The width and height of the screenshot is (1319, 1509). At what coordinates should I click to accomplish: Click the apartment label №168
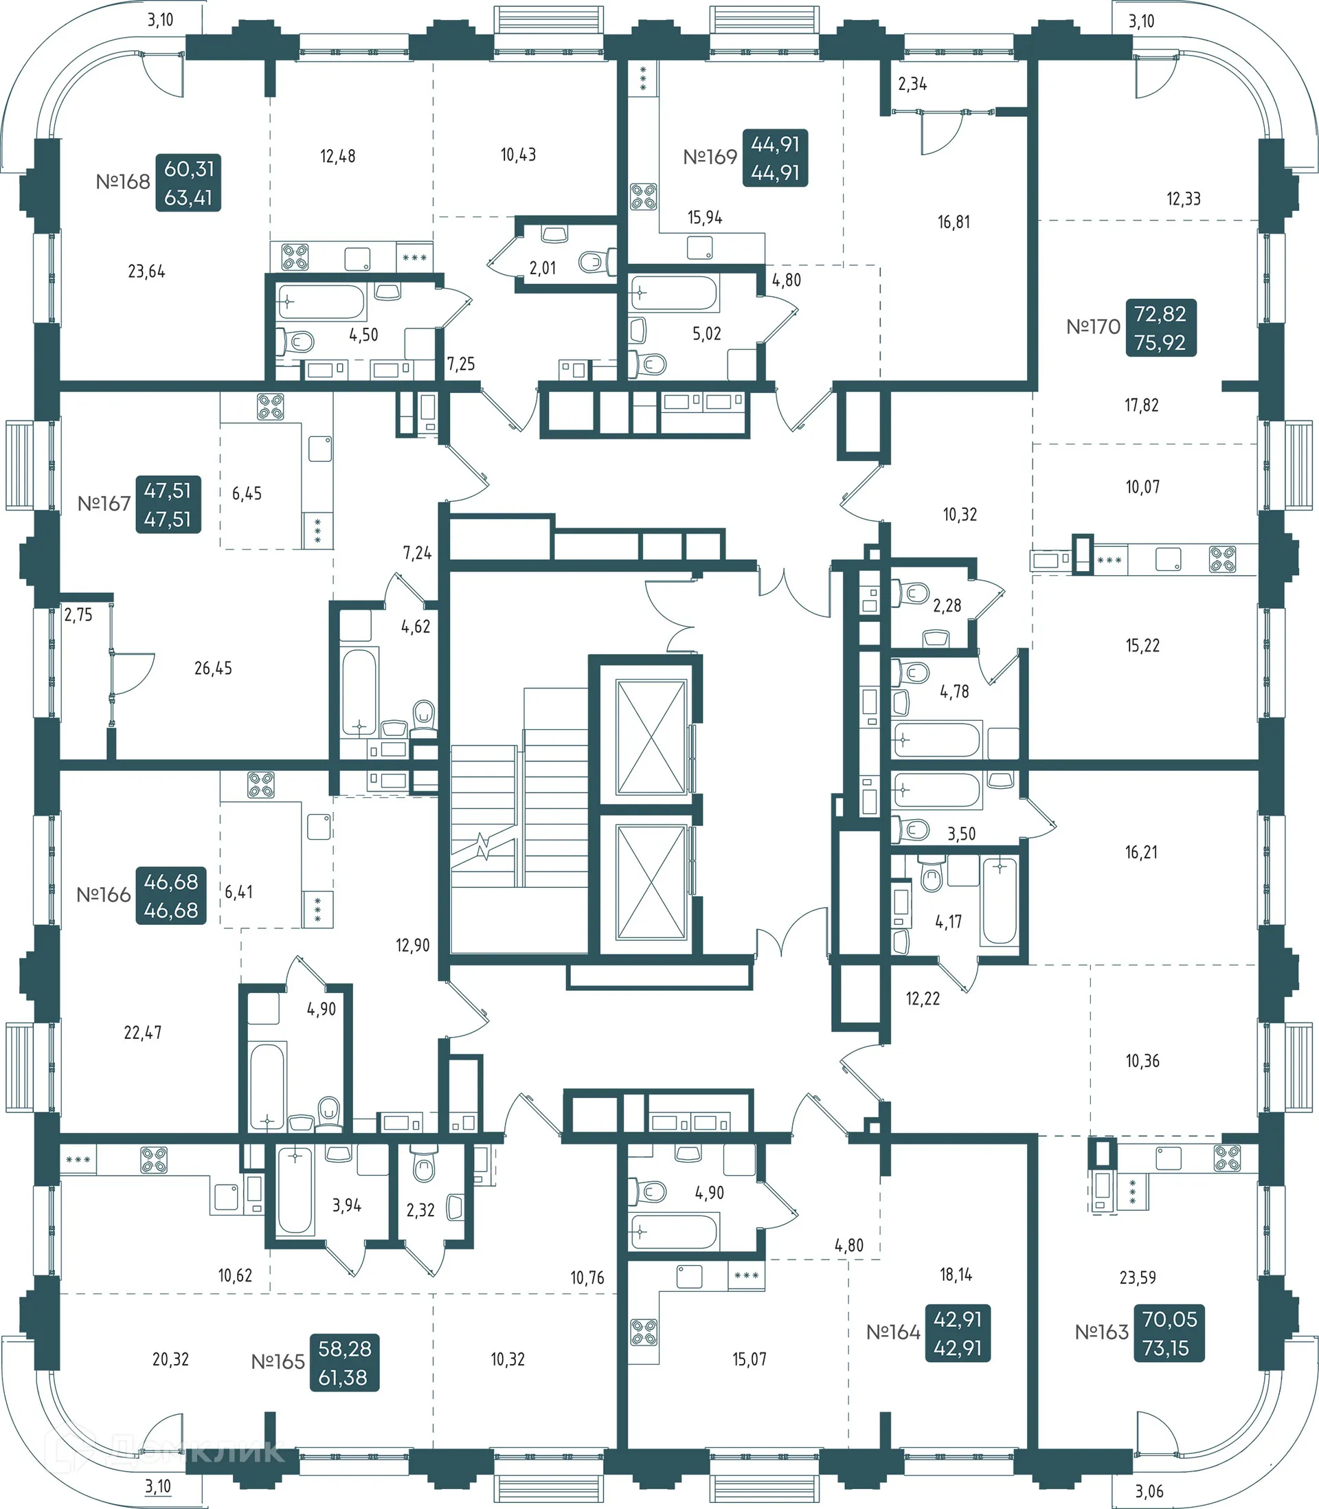(x=123, y=182)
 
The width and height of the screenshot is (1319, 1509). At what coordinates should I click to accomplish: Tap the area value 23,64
(x=146, y=271)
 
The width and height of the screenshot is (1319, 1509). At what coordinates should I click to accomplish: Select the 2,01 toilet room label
(x=543, y=268)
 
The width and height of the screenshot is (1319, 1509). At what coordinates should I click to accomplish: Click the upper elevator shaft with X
(x=651, y=737)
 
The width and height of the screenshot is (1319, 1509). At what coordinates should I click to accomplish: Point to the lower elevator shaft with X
(x=651, y=882)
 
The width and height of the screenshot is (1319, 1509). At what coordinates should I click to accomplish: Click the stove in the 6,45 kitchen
(x=270, y=406)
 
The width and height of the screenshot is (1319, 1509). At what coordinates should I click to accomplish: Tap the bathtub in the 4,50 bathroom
(x=321, y=302)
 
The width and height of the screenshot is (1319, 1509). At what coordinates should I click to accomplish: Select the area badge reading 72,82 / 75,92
(x=1160, y=328)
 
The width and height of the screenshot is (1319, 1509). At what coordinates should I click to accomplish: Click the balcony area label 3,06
(x=1149, y=1491)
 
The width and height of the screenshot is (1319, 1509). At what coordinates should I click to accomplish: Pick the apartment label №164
(x=893, y=1332)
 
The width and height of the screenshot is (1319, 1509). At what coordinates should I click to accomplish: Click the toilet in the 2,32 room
(x=424, y=1167)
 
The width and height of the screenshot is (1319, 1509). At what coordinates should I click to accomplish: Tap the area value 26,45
(x=213, y=669)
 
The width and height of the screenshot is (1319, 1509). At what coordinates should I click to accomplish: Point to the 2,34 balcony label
(x=912, y=84)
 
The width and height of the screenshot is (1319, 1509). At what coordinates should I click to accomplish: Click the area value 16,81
(x=954, y=223)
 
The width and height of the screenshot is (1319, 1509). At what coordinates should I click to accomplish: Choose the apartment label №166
(x=104, y=895)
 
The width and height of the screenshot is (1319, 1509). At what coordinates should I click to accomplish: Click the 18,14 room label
(x=956, y=1275)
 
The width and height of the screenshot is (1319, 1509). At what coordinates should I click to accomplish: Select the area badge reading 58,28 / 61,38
(x=343, y=1363)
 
